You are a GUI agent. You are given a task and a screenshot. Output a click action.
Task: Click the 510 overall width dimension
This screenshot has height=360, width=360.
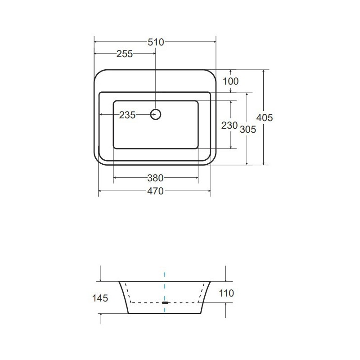point(155,42)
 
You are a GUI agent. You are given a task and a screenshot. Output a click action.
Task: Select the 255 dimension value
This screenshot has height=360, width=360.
point(125,54)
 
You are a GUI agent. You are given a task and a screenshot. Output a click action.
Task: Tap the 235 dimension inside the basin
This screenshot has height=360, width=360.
point(127,115)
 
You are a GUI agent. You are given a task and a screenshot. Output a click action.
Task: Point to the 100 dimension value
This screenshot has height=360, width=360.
point(230,81)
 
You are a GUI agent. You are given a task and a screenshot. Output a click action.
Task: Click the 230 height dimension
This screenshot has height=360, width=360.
point(229,126)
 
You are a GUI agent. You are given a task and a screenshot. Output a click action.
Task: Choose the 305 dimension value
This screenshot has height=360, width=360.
point(247,130)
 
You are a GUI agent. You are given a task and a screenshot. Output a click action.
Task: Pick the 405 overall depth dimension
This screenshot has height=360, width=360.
point(264,118)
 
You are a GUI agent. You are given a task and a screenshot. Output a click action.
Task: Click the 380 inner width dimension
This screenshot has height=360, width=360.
point(155,178)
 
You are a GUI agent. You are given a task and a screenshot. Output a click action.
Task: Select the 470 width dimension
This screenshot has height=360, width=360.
point(155,191)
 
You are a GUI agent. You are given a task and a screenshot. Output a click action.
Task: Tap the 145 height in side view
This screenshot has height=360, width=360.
point(100,298)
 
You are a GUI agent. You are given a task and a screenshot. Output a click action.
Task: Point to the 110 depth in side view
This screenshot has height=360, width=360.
point(226,293)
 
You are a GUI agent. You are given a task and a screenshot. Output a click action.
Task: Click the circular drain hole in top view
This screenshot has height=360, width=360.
point(155,115)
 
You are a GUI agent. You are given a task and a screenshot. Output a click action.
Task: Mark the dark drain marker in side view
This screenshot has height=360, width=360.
point(165,303)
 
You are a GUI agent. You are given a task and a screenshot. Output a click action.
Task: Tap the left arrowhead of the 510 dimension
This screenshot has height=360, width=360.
point(96,42)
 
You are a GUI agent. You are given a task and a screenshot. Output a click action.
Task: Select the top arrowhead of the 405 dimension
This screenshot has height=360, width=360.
point(264,72)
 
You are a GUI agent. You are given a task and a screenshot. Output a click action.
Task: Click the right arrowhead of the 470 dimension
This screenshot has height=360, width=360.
point(209,191)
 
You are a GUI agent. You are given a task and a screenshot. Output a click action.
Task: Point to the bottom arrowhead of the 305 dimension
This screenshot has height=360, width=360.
point(247,163)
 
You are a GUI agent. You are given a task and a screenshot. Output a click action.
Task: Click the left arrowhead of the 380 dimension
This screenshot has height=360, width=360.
point(115,178)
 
